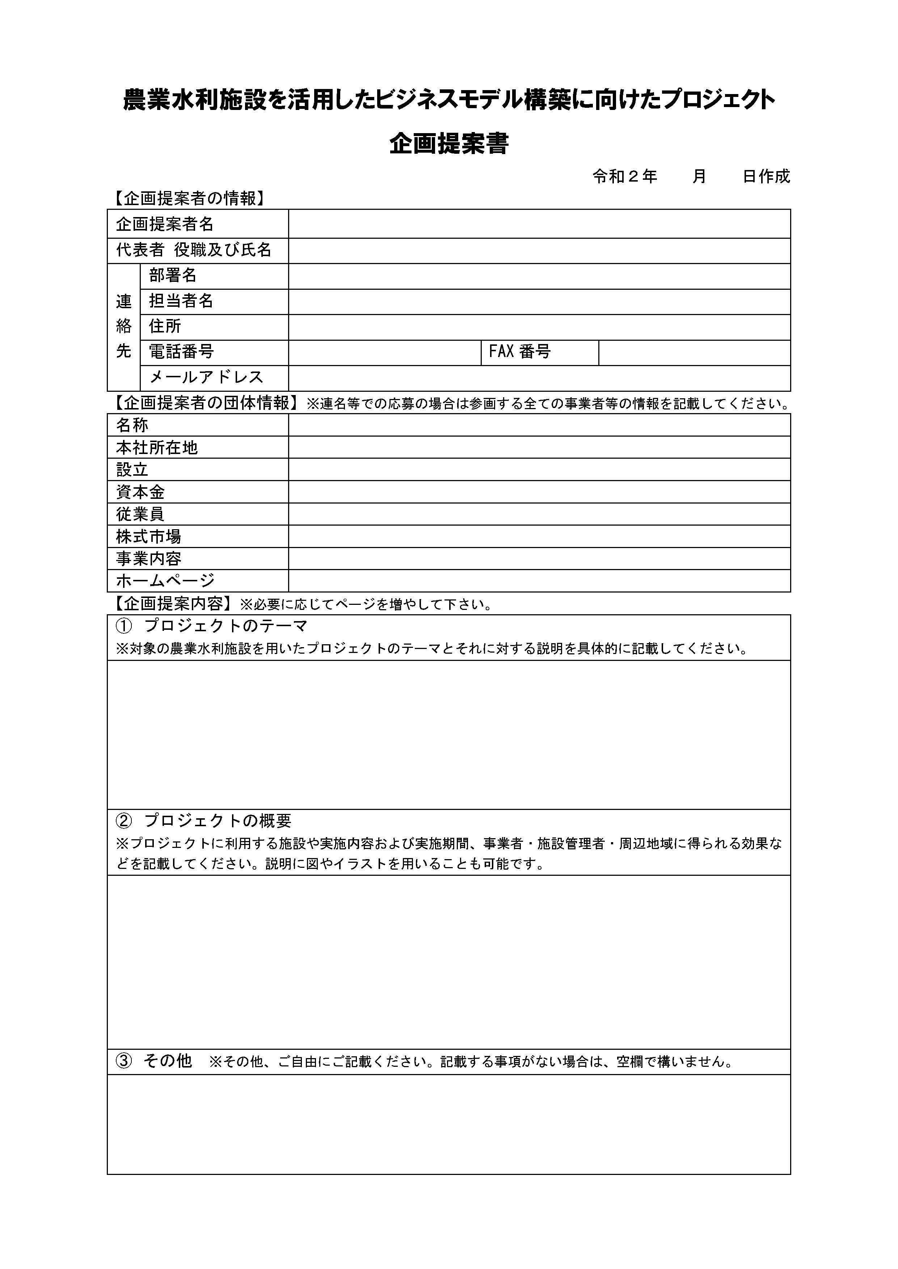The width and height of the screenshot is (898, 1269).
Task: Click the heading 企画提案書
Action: coord(448,144)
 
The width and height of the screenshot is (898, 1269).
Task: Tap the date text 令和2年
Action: coord(624,176)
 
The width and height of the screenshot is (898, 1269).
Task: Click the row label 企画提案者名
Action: coord(164,224)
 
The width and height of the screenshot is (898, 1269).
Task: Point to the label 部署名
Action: coord(173,275)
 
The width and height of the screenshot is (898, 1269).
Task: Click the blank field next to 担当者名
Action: coord(539,301)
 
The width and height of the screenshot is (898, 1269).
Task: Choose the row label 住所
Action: coord(165,326)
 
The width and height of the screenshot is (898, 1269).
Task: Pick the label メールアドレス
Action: coord(206,377)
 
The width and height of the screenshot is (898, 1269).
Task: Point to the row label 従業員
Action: coord(140,514)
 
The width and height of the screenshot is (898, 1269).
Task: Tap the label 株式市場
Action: coord(148,536)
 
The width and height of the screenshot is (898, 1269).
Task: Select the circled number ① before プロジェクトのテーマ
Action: coord(124,626)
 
